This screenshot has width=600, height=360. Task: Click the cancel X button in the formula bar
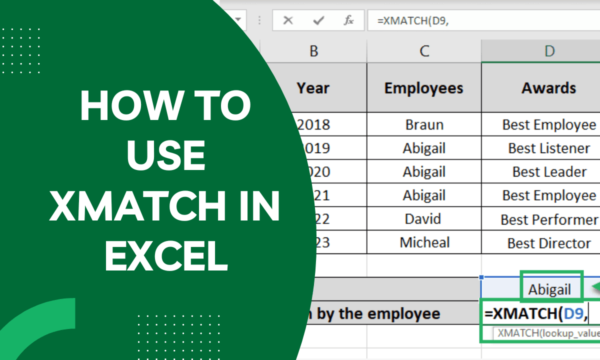287,20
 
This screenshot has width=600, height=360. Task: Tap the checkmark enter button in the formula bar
318,20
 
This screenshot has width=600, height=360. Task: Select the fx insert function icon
348,20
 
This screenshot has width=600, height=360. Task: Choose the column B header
314,51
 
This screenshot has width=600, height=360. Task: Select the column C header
424,51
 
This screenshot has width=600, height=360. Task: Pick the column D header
549,51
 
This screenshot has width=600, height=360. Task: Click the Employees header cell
424,88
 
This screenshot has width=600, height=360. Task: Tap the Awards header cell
549,88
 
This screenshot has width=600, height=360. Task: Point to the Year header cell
313,88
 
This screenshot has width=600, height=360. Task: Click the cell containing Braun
424,124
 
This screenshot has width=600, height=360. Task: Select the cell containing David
424,218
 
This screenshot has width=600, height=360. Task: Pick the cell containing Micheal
424,242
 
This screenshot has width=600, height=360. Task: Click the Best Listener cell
549,148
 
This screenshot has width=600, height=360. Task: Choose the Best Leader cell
549,171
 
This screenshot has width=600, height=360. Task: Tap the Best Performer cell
549,219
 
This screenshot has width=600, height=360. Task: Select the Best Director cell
549,243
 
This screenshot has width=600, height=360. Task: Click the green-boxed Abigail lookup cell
550,289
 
